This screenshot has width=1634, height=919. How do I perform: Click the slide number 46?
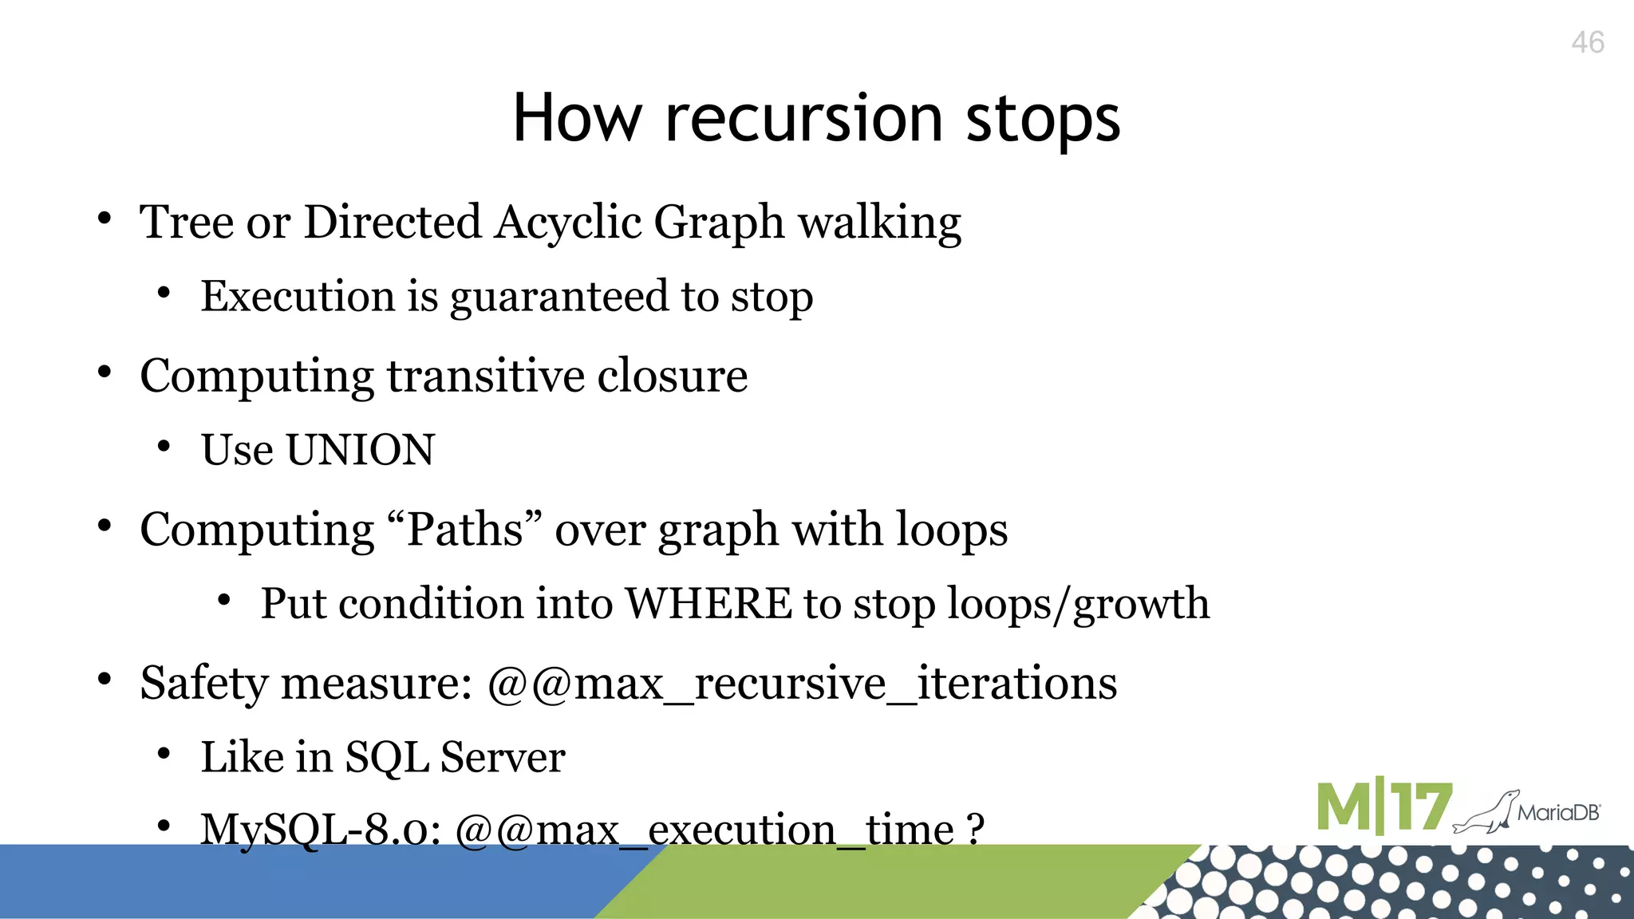(1587, 42)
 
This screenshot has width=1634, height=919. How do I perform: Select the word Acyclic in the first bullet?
(567, 222)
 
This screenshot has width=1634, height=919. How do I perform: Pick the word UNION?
(360, 450)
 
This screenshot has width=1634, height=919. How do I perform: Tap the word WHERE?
(708, 604)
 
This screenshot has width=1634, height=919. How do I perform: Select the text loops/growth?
(1077, 604)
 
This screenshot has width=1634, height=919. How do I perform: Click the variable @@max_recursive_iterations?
(801, 684)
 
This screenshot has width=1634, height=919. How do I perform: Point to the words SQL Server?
(455, 756)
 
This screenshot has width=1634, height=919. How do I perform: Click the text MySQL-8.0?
(321, 830)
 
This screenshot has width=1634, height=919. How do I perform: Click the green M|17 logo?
(1383, 807)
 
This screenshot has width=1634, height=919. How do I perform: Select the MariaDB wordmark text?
(1558, 813)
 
